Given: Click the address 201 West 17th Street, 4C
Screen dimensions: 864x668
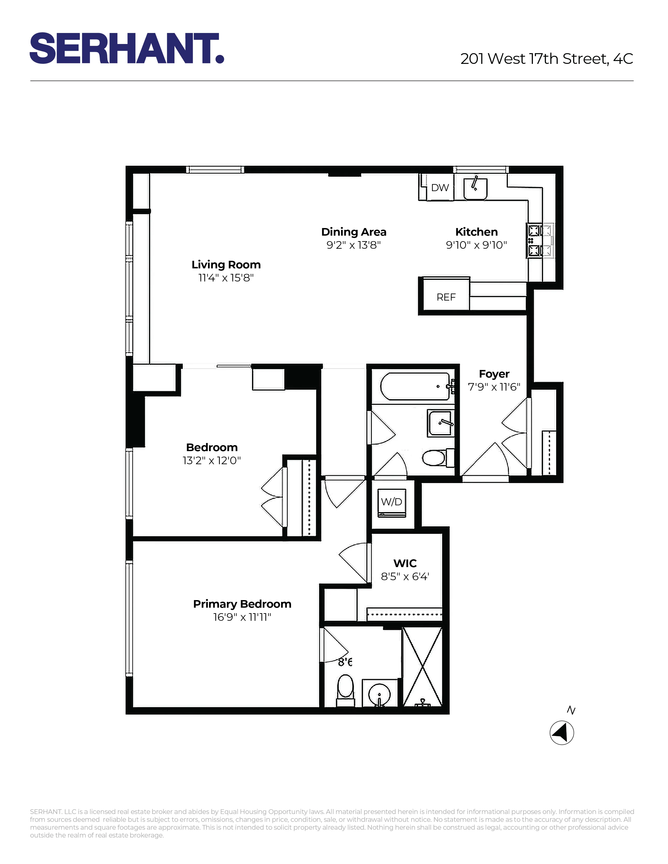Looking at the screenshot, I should click(546, 59).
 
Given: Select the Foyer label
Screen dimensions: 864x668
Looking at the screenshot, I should click(494, 374).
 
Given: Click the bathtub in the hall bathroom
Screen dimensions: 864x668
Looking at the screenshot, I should click(414, 386).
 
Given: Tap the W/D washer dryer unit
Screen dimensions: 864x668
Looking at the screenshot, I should click(391, 502).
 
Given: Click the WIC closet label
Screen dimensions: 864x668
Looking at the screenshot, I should click(405, 563).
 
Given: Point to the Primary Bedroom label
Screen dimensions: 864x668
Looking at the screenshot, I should click(242, 604).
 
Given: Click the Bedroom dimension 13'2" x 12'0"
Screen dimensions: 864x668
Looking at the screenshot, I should click(211, 461).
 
